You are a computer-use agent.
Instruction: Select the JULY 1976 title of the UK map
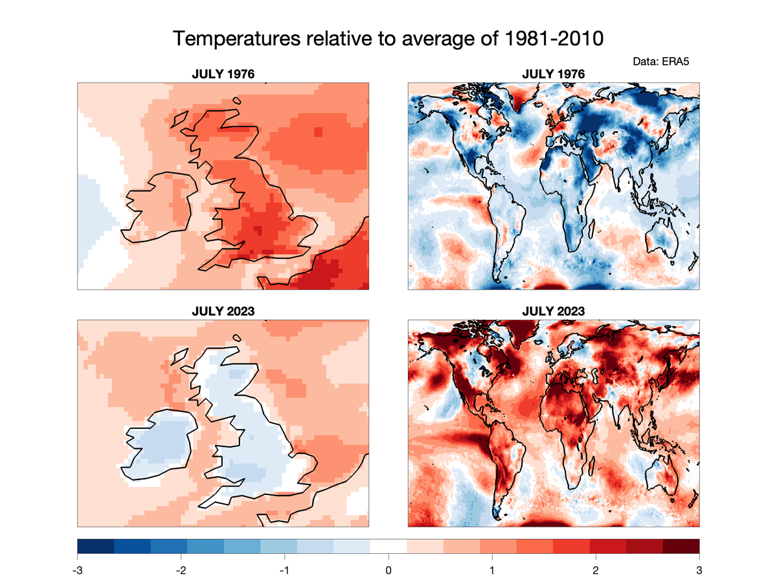[x=223, y=74]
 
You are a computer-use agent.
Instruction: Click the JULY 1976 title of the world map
[x=554, y=74]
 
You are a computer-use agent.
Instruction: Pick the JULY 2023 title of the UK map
[x=223, y=311]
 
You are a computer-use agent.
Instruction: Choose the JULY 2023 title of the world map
[x=554, y=311]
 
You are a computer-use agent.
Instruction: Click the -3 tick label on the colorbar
[x=78, y=571]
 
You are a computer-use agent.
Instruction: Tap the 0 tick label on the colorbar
[x=388, y=571]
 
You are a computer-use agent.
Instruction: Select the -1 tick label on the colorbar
[x=284, y=571]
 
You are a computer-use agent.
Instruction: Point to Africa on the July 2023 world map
[x=570, y=428]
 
